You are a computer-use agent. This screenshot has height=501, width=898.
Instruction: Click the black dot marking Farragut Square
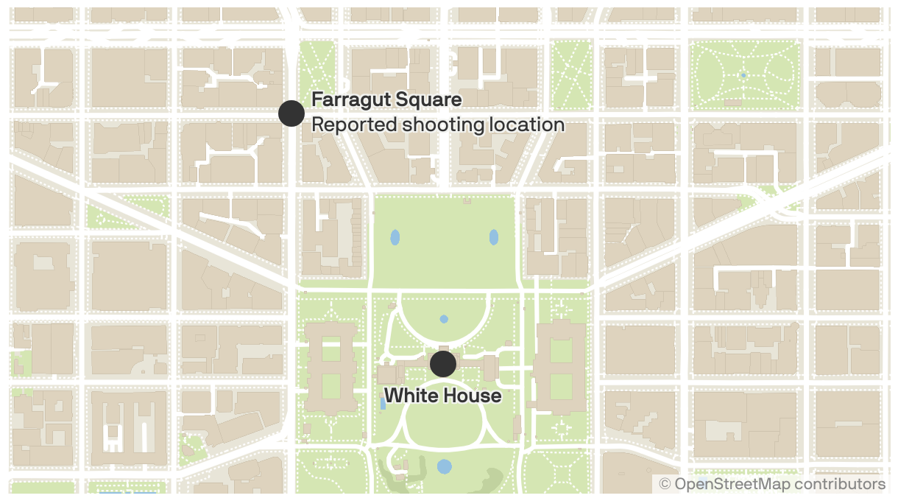[291, 113]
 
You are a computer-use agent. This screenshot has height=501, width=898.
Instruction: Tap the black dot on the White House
[442, 364]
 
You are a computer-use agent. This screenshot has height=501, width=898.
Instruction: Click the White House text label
[442, 396]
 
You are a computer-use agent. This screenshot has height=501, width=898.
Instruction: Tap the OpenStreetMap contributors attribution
[772, 484]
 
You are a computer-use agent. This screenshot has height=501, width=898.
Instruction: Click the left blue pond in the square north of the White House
[395, 237]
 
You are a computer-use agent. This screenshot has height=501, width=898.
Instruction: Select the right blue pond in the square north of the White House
[493, 237]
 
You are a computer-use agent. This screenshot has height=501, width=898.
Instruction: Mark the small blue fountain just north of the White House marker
[443, 319]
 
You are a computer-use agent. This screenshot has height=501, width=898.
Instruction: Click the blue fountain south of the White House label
[444, 466]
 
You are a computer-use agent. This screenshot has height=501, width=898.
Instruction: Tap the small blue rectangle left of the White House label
[382, 402]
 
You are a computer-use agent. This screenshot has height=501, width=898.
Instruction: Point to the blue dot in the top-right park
[743, 75]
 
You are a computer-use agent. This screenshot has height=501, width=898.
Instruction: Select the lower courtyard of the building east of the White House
[561, 385]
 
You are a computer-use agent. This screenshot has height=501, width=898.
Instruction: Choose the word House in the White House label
[473, 396]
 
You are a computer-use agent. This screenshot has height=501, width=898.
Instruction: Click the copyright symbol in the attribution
[665, 484]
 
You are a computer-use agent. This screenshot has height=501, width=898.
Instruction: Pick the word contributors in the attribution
[840, 484]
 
